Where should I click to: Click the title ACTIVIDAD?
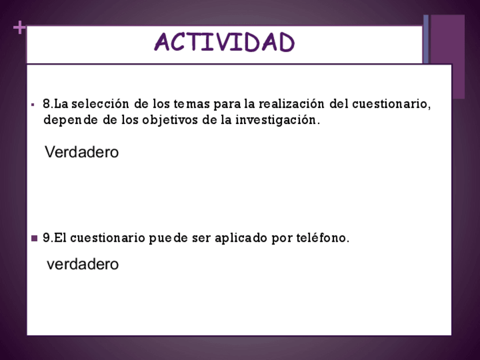pos(224,42)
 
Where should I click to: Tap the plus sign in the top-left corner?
pos(19,28)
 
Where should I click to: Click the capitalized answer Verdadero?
pos(82,152)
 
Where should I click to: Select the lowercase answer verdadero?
pos(83,264)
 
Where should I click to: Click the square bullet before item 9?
pos(35,238)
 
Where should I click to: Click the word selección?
pos(100,104)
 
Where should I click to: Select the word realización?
pos(292,104)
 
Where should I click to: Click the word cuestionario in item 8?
pos(392,104)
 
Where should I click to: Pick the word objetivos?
pos(170,120)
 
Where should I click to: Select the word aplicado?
pos(241,238)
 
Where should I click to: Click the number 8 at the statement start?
pos(46,104)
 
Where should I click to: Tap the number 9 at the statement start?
pos(46,238)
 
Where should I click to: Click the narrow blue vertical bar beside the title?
pos(426,39)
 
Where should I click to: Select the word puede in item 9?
pos(168,238)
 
